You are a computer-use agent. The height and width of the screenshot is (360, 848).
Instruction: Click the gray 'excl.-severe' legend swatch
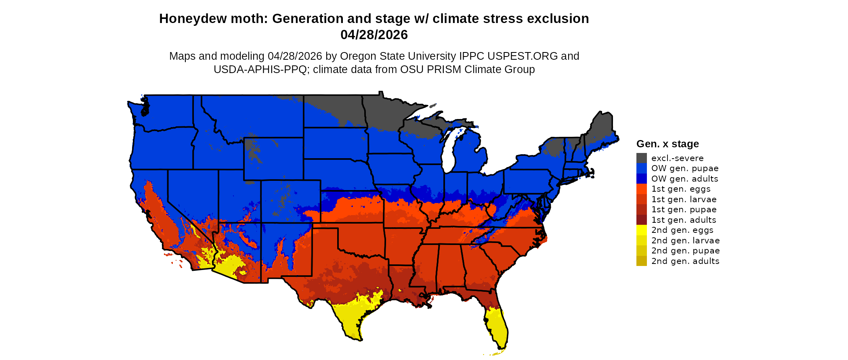coord(641,158)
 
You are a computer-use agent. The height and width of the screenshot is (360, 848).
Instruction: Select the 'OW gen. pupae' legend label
coord(685,168)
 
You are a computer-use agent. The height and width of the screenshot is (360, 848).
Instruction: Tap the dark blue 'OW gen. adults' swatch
coord(641,179)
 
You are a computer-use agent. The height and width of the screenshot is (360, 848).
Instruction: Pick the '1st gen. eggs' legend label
coord(681,189)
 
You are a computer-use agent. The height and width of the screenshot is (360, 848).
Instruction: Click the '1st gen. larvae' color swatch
coord(641,199)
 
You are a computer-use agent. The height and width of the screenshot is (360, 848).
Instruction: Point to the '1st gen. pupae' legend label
coord(684,209)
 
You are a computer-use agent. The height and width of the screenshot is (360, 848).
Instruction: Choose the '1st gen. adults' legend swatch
coord(641,220)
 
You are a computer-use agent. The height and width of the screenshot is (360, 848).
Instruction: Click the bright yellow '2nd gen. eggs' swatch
coord(641,230)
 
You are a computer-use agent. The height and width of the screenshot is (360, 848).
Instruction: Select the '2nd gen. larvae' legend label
coord(685,241)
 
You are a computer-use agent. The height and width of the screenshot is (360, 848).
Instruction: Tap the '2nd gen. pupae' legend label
coord(685,251)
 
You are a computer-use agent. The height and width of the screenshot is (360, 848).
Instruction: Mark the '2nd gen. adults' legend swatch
coord(641,261)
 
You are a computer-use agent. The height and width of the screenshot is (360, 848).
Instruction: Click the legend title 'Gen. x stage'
coord(667,144)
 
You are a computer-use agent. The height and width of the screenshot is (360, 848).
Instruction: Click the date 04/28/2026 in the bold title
coord(374,35)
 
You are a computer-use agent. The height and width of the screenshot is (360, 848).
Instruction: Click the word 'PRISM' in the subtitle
coord(444,69)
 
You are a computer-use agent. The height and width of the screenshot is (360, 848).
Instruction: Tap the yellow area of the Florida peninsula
coord(497,329)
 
